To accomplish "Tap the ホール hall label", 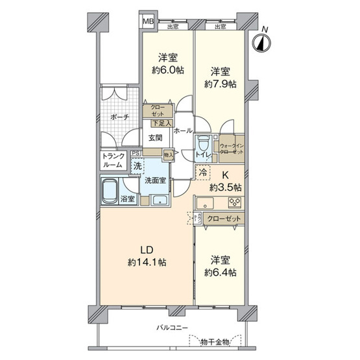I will click(184, 130).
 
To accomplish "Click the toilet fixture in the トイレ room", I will click(202, 141).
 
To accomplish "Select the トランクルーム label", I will click(114, 160).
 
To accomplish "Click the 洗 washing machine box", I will click(138, 166).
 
